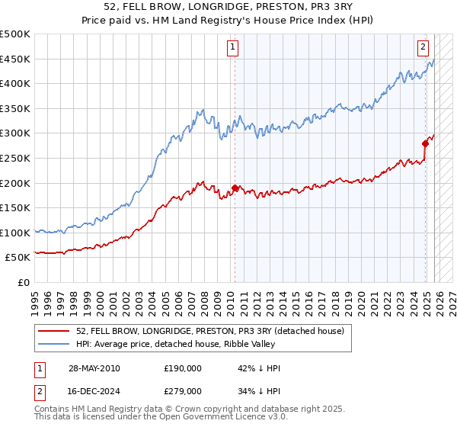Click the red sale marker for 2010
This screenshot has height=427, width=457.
pyautogui.click(x=235, y=188)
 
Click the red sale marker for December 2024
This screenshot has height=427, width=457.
pyautogui.click(x=426, y=143)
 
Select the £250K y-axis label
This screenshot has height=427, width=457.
pyautogui.click(x=14, y=158)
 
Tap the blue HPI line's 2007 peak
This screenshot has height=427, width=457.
pyautogui.click(x=202, y=112)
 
